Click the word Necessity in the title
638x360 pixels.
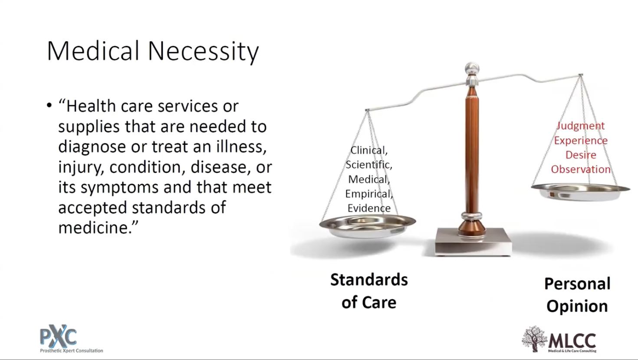(203, 52)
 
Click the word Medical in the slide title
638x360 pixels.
(93, 51)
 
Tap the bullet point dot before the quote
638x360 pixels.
(49, 105)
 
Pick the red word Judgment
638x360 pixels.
(580, 126)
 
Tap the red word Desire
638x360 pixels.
(580, 155)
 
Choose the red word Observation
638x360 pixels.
(580, 169)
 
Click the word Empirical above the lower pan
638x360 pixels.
(369, 194)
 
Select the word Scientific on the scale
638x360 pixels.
(369, 165)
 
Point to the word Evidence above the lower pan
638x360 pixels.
(369, 208)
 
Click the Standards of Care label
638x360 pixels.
(369, 291)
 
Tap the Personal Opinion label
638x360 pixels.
(577, 295)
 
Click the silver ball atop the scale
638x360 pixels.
(472, 69)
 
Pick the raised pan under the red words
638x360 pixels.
(580, 192)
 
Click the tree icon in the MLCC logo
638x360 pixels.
(534, 339)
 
